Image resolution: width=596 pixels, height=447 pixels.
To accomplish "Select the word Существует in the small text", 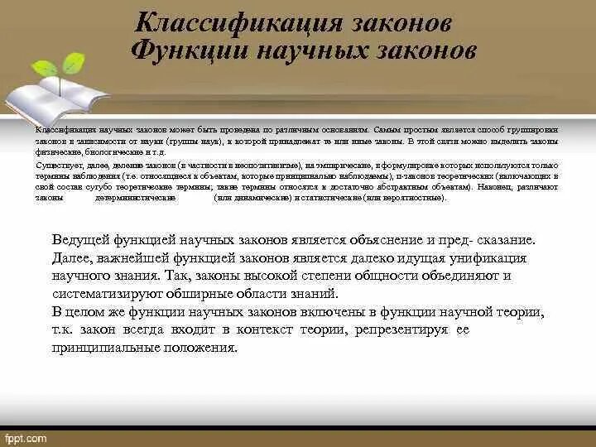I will coord(53,166).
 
